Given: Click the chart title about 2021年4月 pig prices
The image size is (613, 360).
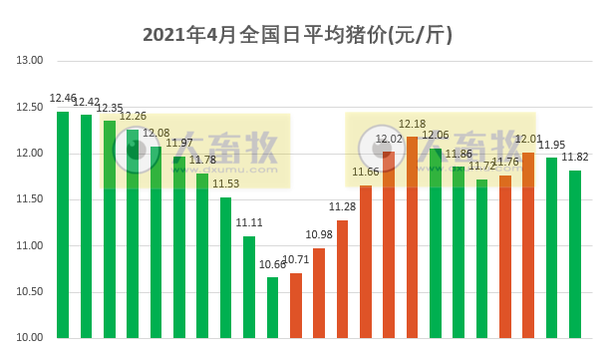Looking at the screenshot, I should click(298, 36).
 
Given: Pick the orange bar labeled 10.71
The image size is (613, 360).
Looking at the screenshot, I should click(296, 305).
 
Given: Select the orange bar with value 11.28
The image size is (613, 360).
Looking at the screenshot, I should click(343, 279).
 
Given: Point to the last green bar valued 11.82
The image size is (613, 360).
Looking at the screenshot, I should click(575, 254).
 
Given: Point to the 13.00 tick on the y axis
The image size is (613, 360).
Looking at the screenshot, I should click(31, 61).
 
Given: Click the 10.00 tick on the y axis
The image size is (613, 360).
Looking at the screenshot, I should click(31, 338).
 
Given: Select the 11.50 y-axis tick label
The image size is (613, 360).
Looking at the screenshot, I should click(31, 199).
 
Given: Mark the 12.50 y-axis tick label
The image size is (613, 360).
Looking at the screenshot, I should click(31, 108).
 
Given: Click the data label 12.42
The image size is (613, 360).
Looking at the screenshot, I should click(87, 102).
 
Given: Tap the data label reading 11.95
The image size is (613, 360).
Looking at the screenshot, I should click(552, 146).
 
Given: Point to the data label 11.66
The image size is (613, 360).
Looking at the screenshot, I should click(366, 173).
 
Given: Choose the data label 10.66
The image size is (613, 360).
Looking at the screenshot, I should click(273, 264).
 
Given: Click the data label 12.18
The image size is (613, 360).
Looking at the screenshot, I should click(413, 124).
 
